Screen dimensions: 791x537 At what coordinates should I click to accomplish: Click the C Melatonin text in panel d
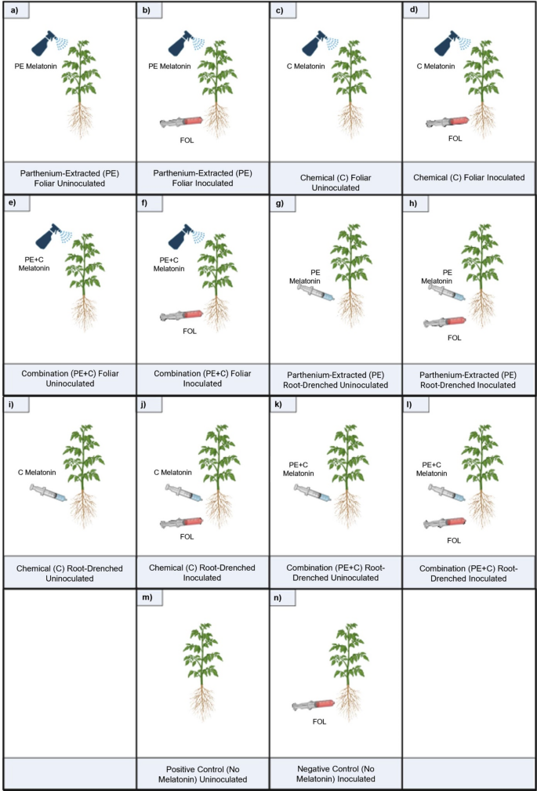tap(435, 67)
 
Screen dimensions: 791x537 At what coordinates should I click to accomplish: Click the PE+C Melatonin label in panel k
tap(301, 469)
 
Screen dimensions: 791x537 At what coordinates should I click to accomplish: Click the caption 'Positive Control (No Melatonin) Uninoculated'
tap(202, 774)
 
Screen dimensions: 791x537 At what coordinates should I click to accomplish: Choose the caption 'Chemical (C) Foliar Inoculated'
tap(469, 178)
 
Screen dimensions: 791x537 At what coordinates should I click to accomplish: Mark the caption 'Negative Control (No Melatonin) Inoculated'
tap(336, 774)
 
